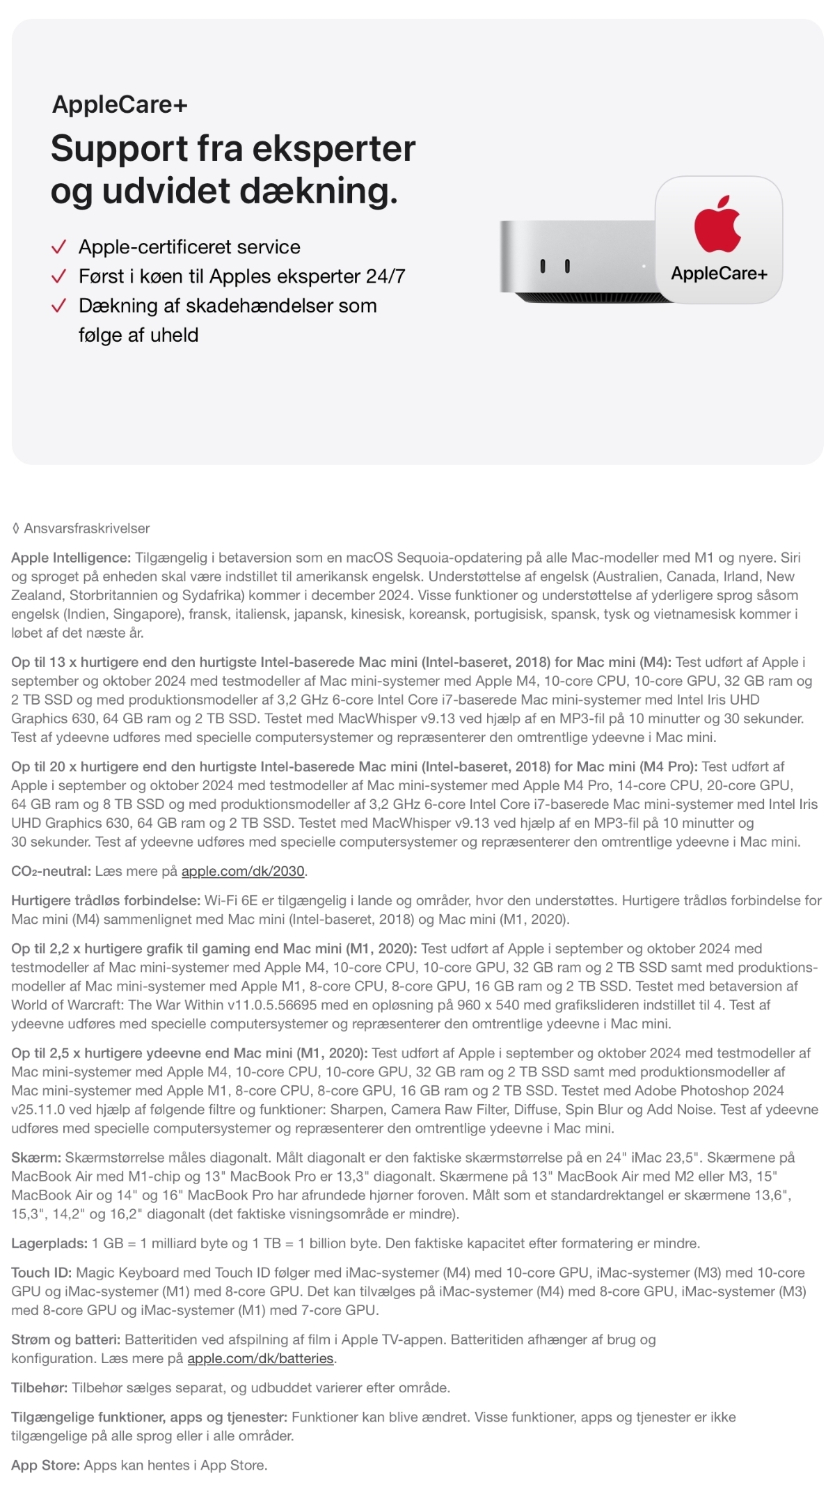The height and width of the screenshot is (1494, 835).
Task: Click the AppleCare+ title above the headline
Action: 120,104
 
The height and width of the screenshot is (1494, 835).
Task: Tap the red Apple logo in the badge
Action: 717,224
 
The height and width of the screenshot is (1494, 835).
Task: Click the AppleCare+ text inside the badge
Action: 719,274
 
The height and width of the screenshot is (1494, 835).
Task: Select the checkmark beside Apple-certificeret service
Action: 59,247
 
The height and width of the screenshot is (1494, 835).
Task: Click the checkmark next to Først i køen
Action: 59,276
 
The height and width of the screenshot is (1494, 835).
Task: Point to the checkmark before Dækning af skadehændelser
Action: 59,306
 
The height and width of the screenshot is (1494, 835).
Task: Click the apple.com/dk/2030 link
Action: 243,871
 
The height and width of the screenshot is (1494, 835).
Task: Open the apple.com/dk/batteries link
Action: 261,1358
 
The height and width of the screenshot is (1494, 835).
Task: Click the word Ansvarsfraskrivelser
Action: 87,528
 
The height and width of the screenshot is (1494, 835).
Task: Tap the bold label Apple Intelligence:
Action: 71,558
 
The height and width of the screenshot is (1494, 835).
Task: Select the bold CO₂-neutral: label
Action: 51,871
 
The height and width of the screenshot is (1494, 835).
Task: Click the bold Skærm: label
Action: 36,1158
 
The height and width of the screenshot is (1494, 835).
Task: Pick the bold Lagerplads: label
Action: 49,1243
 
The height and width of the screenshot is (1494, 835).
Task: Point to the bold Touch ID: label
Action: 41,1273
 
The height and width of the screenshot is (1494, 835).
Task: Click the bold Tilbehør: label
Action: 39,1387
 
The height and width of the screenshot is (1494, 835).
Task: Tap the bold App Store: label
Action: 46,1465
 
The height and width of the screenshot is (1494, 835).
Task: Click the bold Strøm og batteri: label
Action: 66,1339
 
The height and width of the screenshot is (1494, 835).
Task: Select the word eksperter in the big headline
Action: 333,148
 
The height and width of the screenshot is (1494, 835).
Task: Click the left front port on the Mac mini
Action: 543,266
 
